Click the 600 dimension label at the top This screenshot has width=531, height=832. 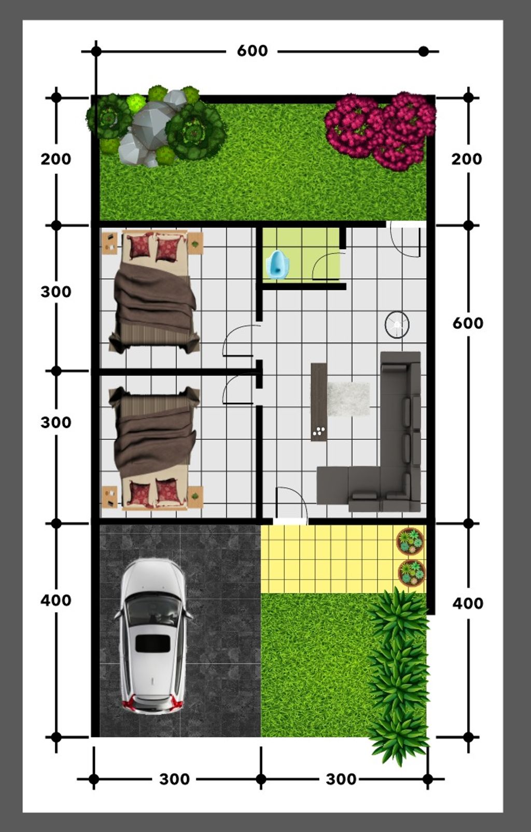(x=252, y=51)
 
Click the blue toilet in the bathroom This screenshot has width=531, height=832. (x=275, y=265)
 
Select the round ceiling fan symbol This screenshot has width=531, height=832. (x=397, y=324)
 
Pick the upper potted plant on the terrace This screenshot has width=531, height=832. (x=411, y=542)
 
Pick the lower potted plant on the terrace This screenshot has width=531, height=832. (x=411, y=574)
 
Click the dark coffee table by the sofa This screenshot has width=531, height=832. (x=318, y=402)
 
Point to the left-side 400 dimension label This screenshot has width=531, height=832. (x=55, y=600)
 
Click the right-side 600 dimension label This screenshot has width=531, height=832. (x=468, y=323)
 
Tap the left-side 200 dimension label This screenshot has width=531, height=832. (x=55, y=159)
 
